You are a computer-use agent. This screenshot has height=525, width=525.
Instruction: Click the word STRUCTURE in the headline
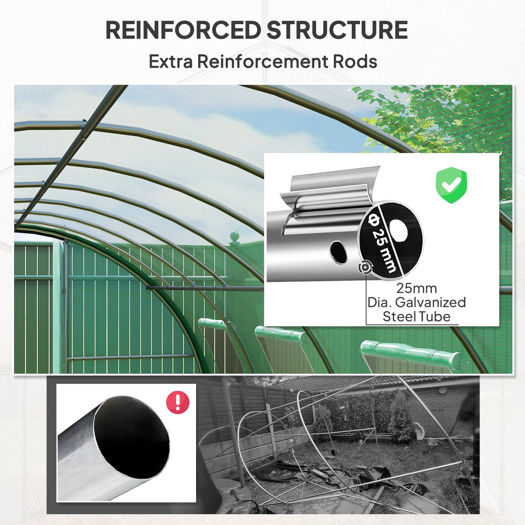337,30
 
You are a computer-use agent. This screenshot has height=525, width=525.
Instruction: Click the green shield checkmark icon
451,185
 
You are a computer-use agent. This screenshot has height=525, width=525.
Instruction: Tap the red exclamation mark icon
178,402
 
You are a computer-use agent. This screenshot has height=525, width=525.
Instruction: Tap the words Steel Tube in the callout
416,317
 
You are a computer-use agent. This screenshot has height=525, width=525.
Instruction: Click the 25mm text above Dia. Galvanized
416,288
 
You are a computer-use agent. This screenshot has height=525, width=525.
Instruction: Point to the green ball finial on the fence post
234,236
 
